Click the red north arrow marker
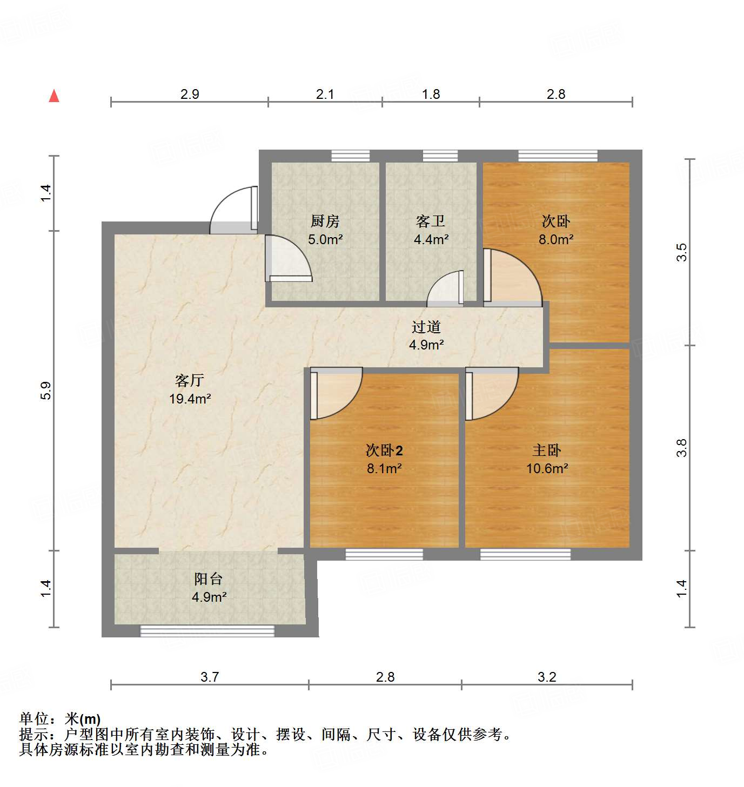[54, 96]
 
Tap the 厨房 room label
[325, 221]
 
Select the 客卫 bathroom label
[431, 221]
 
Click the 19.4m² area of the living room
[190, 399]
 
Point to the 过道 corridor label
[426, 327]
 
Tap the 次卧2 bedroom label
[384, 450]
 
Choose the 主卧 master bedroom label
[547, 450]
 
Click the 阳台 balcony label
[209, 579]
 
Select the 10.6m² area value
[547, 468]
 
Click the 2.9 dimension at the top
[190, 95]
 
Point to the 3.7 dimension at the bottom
[210, 677]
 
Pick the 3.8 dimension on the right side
[682, 448]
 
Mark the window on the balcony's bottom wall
[207, 630]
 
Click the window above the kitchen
[351, 156]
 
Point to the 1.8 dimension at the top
[431, 95]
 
